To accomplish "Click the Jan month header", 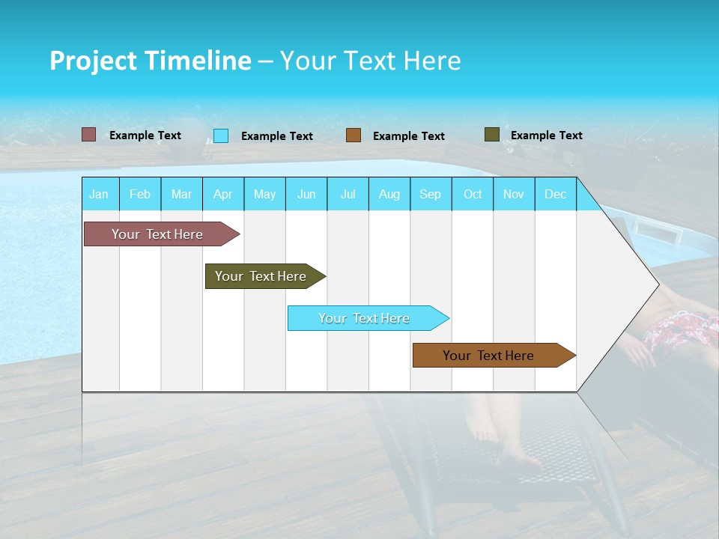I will coord(99,194).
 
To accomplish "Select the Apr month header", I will coord(222,194).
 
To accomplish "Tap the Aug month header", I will coord(389,194).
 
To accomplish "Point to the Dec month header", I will coord(555,194).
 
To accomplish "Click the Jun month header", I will coord(306,194).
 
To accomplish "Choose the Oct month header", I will coord(473,194).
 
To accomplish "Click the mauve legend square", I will coord(88,135).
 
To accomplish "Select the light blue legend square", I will coord(221,135).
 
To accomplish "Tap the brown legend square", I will coord(354,135).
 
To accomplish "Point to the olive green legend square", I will coord(492,135).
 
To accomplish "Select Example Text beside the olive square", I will coord(546,135).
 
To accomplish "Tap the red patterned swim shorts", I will coord(678,333).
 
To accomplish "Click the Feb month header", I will coord(140,194).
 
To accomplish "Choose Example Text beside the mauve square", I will coord(145,135).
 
